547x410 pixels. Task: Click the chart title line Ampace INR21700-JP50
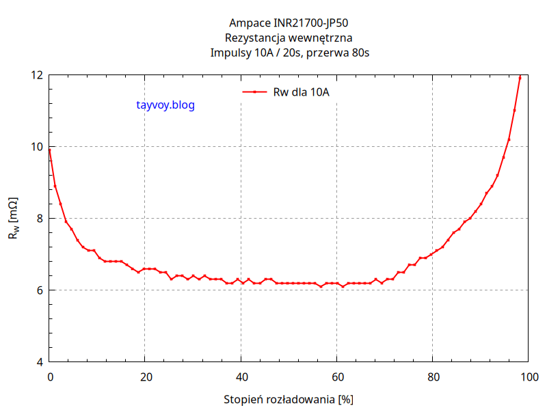click(x=289, y=23)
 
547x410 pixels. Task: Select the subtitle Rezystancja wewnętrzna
click(x=289, y=38)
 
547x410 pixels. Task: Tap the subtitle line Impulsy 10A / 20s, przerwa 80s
click(x=289, y=53)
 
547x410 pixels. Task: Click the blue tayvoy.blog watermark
click(x=165, y=105)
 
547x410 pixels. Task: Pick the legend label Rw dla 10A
click(x=301, y=92)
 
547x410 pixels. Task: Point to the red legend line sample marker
click(x=254, y=92)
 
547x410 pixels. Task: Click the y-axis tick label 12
click(x=36, y=74)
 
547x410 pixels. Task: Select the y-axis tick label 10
click(x=36, y=146)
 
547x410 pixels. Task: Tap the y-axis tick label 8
click(x=40, y=218)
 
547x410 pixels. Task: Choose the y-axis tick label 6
click(x=40, y=290)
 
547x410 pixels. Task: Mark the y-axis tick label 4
click(x=40, y=361)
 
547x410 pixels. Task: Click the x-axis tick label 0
click(x=49, y=376)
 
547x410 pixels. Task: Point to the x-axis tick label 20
click(x=145, y=376)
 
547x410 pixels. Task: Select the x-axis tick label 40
click(x=241, y=376)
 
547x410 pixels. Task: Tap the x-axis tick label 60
click(x=336, y=376)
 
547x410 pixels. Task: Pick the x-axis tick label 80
click(x=432, y=376)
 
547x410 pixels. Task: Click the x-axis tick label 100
click(x=528, y=376)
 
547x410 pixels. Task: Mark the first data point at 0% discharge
click(x=50, y=150)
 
